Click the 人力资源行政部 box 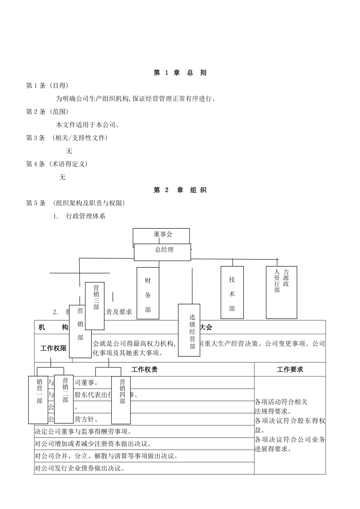(x=281, y=292)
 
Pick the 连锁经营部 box (x=189, y=330)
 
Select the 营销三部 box (x=95, y=306)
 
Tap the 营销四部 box (x=121, y=400)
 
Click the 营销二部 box (x=64, y=399)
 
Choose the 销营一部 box (x=38, y=400)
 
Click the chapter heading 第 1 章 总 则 (x=180, y=73)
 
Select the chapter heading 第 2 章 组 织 (x=180, y=190)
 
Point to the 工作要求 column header (x=290, y=369)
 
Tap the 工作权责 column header (x=144, y=369)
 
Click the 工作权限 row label (x=53, y=348)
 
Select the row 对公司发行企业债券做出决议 (x=80, y=468)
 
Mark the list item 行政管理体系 (x=86, y=216)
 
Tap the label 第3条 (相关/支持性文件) (x=67, y=138)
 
